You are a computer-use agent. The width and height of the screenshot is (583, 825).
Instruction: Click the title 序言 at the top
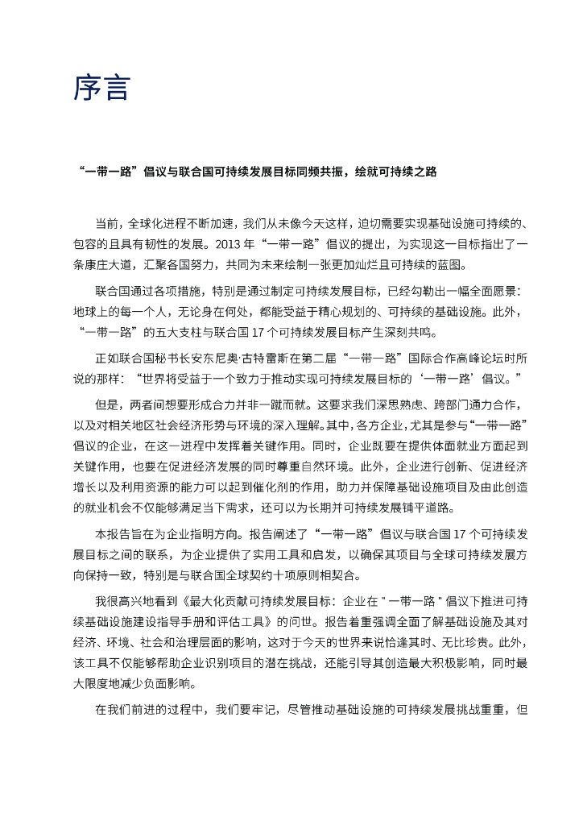(101, 88)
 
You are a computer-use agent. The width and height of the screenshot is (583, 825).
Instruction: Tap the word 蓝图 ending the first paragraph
(453, 265)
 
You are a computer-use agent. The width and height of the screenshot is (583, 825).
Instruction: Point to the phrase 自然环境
(335, 466)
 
